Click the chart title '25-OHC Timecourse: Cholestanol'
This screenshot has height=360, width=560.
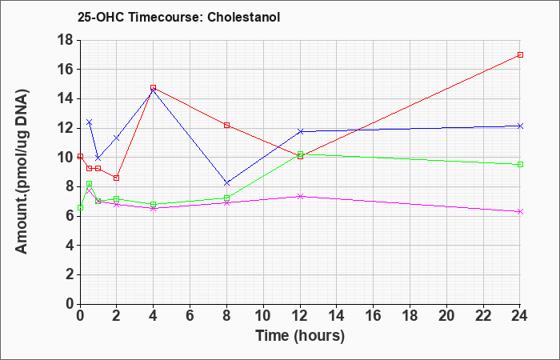click(178, 17)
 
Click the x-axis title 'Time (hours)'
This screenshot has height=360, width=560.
click(300, 336)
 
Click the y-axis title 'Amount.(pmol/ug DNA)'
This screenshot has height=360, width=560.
click(22, 172)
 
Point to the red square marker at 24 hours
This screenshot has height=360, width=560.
click(520, 54)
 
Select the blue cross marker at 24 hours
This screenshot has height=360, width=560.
click(520, 126)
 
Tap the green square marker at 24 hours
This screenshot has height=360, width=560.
click(520, 164)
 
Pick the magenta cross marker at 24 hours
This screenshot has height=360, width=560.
click(520, 212)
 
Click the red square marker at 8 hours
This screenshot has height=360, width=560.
click(226, 126)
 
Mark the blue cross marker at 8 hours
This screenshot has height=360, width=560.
click(226, 183)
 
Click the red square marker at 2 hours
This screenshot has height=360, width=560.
click(117, 178)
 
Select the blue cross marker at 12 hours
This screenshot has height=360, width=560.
click(300, 131)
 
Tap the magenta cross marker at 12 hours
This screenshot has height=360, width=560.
click(300, 196)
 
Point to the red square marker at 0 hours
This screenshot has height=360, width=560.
click(80, 157)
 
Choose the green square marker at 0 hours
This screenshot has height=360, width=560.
click(80, 207)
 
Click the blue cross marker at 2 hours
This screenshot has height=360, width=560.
click(117, 138)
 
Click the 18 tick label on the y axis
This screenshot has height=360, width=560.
click(66, 40)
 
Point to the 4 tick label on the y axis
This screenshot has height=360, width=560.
click(70, 246)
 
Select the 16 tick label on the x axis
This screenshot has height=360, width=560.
click(374, 316)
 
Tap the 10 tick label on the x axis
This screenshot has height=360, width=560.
click(263, 316)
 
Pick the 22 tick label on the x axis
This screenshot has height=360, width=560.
click(483, 316)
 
